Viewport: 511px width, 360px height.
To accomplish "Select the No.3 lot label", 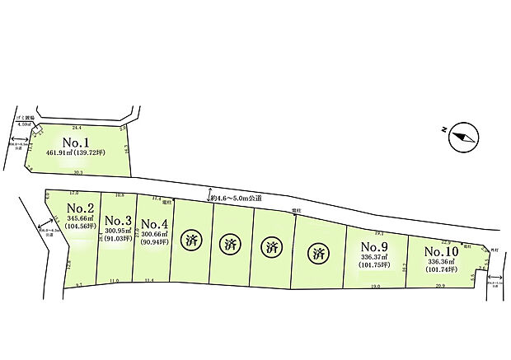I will pos(118,221).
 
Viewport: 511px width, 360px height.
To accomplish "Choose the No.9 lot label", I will pos(374,245).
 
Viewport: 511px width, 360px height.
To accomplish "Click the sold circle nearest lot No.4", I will pos(191,241).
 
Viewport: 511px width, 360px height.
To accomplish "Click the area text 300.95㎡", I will pos(117,231).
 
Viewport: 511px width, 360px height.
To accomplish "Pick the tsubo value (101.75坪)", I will pos(375,266).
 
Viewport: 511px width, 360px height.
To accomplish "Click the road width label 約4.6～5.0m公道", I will pos(237,198).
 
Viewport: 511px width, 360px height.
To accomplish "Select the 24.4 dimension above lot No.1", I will pos(77,128).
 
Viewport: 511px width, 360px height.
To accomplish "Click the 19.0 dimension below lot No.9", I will pos(375,286).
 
